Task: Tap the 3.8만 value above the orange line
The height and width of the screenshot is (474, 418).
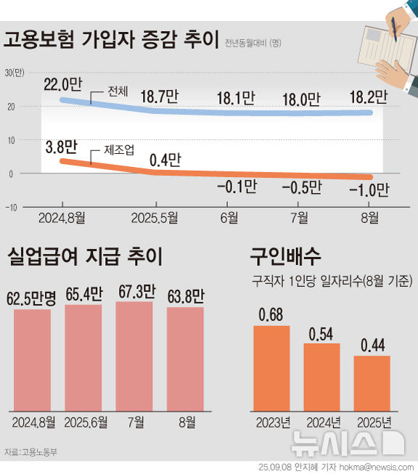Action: (x=61, y=147)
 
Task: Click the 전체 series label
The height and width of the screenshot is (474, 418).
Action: (x=117, y=93)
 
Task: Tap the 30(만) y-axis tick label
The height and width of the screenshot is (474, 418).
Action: (x=15, y=72)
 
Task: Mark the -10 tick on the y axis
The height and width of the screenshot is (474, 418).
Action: (x=12, y=207)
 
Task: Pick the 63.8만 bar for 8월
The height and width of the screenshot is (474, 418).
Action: (x=185, y=358)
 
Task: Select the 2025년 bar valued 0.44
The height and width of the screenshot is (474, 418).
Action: (x=372, y=382)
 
